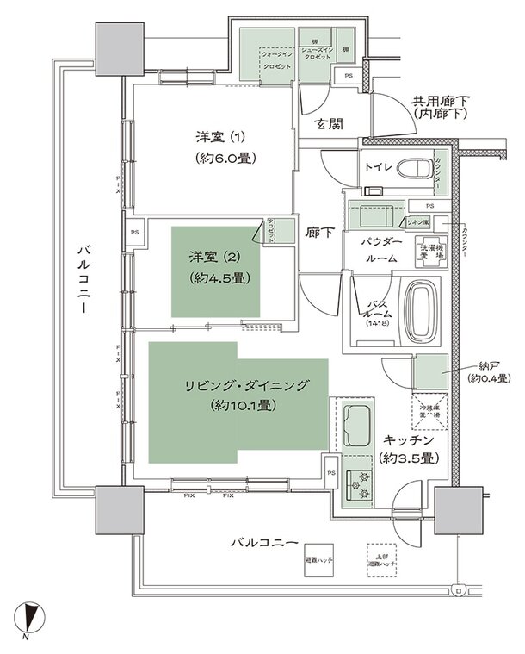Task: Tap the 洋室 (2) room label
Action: coord(218,256)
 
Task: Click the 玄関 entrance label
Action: coord(329,124)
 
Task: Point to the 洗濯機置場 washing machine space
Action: coord(430,252)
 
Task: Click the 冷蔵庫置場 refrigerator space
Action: coord(429,409)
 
